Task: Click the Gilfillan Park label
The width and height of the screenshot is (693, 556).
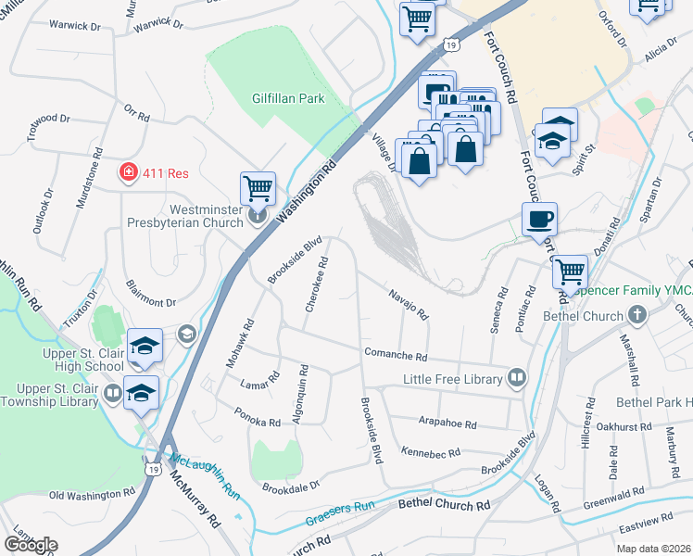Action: pos(288,98)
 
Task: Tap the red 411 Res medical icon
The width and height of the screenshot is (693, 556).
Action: pos(127,171)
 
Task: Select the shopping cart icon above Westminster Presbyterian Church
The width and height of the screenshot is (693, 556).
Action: pos(258,188)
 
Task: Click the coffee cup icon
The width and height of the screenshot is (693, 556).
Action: pos(539,220)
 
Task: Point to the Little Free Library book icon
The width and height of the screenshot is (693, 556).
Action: pos(516,378)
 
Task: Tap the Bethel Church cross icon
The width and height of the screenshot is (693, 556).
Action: pos(636,316)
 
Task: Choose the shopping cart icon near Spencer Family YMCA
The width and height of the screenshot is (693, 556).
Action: pos(570,272)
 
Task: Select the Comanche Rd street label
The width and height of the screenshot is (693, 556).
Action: pos(395,356)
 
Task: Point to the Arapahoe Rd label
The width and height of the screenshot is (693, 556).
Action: pos(447,424)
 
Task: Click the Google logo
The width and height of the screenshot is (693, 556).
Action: pos(31,545)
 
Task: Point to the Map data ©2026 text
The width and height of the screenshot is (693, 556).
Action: pos(653,549)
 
